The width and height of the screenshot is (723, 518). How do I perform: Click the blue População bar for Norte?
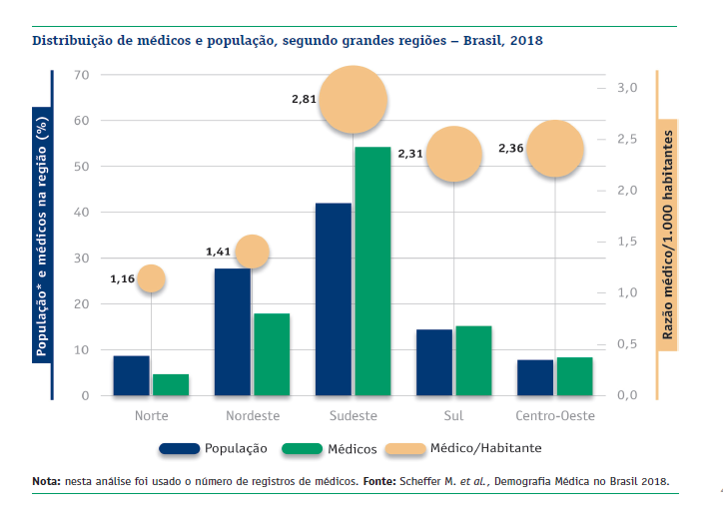(x=131, y=375)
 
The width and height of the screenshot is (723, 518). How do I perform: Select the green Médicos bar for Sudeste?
(x=372, y=271)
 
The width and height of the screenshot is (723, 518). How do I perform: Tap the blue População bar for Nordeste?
(x=233, y=331)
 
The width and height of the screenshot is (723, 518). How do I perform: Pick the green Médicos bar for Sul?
(x=473, y=360)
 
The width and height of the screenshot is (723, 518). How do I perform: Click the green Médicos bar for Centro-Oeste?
(x=574, y=376)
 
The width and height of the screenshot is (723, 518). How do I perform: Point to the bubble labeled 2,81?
(x=353, y=100)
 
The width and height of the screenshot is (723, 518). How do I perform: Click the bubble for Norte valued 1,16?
(x=151, y=278)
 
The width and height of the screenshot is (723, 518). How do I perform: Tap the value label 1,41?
(x=218, y=252)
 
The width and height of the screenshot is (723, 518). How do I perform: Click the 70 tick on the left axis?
(x=81, y=75)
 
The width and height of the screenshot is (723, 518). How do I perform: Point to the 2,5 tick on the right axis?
(x=626, y=139)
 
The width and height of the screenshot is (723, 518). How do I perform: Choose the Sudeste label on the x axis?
(x=353, y=414)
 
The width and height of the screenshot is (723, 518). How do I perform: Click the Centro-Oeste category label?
(x=554, y=414)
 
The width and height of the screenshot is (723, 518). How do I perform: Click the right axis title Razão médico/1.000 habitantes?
(x=666, y=236)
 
